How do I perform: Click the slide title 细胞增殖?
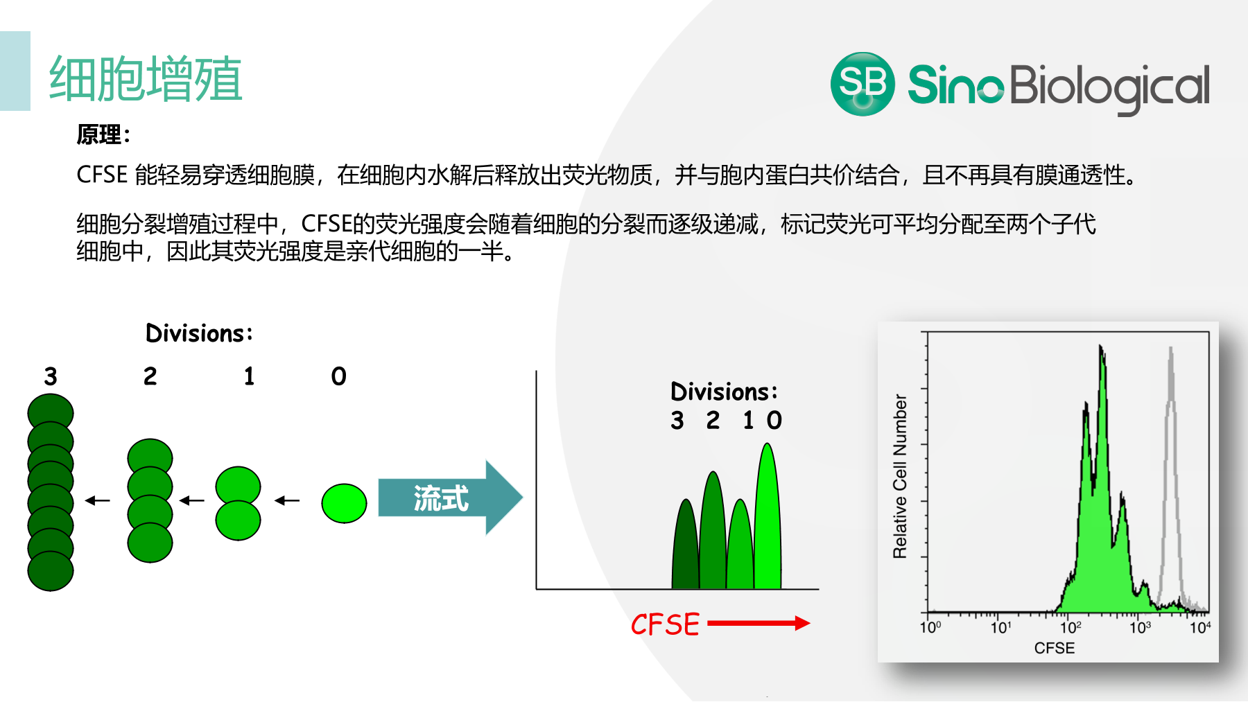point(146,79)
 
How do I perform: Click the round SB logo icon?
point(863,84)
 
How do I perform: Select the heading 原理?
point(103,134)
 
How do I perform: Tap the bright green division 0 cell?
point(344,503)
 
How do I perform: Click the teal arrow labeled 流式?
point(450,498)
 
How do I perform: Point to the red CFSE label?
point(665,624)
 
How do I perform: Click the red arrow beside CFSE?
point(759,623)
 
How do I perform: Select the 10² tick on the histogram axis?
point(1071,628)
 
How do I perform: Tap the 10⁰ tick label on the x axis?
point(930,628)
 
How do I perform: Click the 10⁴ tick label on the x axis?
point(1200,628)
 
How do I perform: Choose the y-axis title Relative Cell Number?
point(900,477)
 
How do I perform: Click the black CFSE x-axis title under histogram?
point(1055,648)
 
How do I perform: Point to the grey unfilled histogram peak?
point(1171,478)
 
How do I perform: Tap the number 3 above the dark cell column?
point(51,376)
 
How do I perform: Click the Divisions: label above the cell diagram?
point(199,333)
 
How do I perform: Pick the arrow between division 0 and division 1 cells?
point(287,500)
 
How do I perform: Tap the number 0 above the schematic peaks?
point(774,420)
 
